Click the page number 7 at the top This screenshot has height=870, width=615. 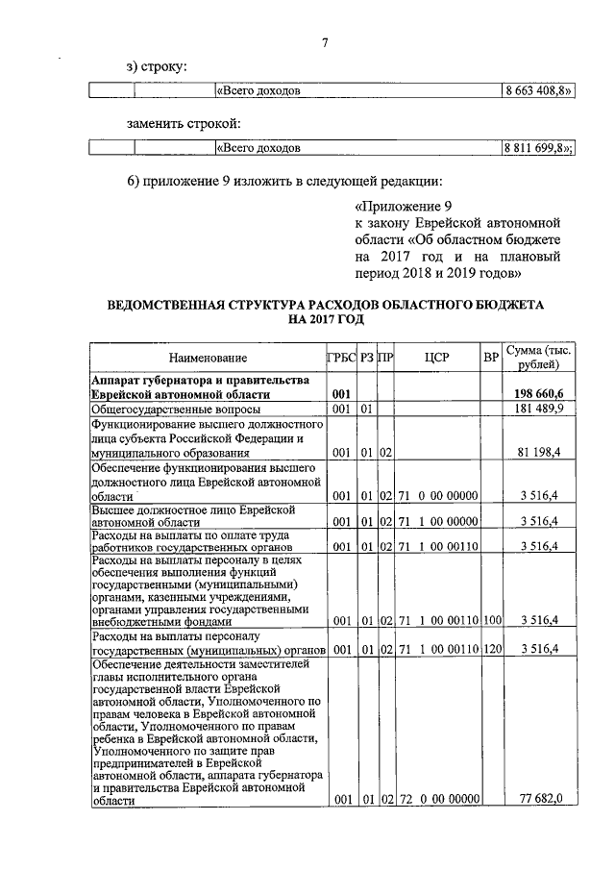point(325,42)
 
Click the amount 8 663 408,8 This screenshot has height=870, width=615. point(538,91)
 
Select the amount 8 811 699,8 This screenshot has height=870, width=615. point(537,148)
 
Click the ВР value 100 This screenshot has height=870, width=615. point(492,621)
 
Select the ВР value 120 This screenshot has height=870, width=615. point(492,649)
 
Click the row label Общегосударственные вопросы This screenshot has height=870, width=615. point(168,409)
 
